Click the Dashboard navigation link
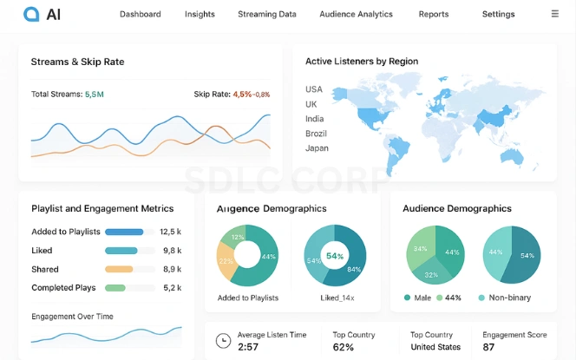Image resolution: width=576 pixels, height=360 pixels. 141,15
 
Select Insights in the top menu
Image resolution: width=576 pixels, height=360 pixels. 200,15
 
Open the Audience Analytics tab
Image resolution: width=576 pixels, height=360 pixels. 356,15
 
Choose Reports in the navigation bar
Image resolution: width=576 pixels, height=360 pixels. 434,15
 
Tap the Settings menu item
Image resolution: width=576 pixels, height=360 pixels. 498,15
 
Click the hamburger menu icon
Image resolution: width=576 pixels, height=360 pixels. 555,14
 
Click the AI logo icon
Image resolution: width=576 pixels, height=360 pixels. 31,14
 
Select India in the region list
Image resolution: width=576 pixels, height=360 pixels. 315,119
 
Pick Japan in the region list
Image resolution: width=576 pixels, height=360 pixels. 317,148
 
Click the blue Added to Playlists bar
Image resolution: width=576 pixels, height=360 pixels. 124,232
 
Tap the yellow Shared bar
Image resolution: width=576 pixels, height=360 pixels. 119,269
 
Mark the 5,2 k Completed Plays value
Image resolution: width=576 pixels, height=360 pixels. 172,288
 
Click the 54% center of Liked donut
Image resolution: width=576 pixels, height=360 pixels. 335,256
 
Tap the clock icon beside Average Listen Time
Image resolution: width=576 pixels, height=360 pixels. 223,340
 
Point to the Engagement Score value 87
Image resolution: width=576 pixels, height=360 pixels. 489,348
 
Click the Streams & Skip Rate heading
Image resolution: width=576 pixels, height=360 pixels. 77,62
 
